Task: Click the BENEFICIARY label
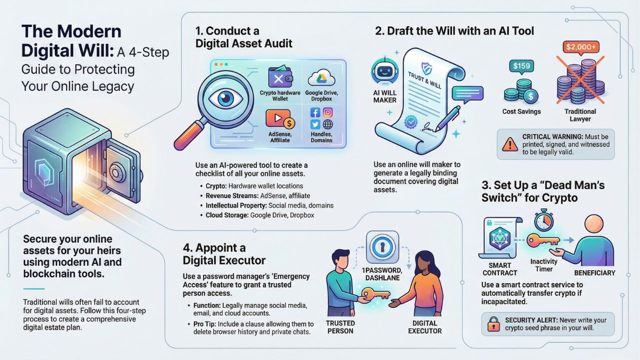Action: pos(594,273)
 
